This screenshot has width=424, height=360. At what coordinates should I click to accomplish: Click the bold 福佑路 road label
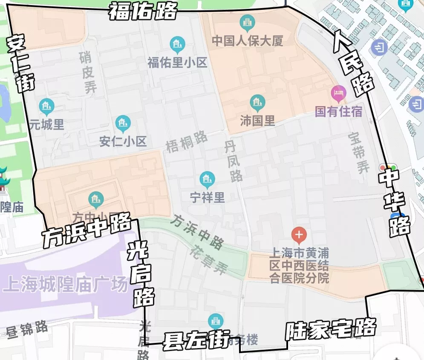(x=142, y=11)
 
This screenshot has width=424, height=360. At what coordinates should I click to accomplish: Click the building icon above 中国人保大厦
(x=247, y=21)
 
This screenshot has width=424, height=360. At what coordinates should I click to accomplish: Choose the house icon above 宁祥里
(x=207, y=179)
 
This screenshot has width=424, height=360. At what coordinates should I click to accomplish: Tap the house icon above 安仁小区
(x=123, y=123)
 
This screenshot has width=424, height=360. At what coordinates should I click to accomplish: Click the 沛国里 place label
(x=257, y=121)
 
